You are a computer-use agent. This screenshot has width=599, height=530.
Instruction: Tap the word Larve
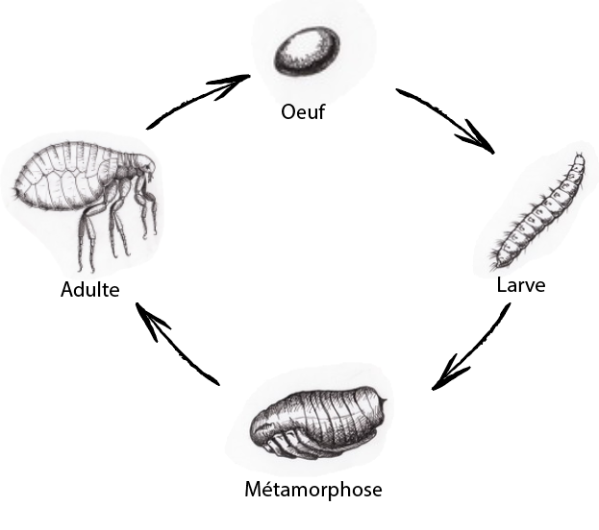coord(521,285)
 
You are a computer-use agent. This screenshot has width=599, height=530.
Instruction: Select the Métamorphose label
coord(312,490)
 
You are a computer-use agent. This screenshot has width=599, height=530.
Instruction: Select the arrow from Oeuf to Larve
coord(444,120)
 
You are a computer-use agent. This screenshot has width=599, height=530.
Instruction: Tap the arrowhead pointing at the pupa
coord(442,379)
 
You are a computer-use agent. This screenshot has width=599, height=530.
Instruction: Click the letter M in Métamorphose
coord(253,490)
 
